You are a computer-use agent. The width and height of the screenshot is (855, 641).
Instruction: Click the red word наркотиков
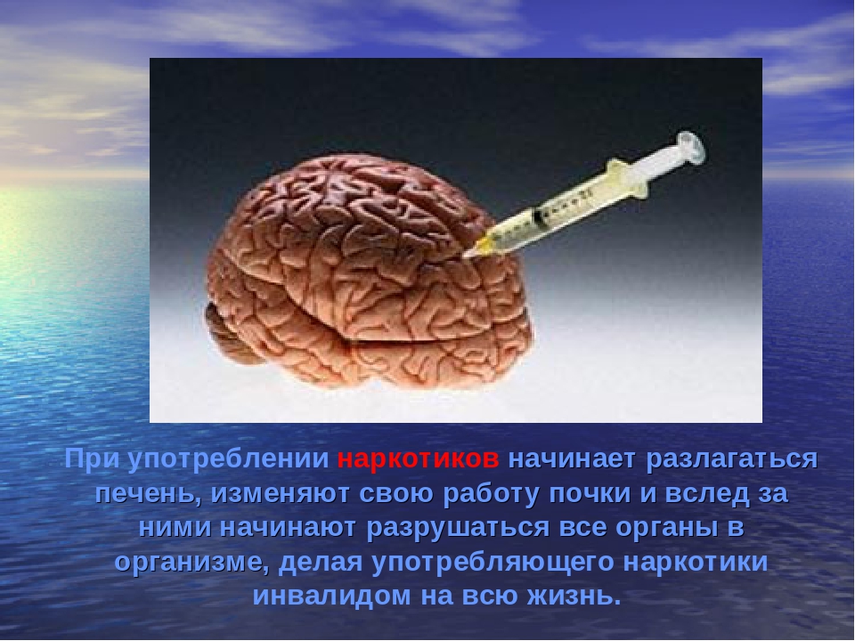click(x=418, y=459)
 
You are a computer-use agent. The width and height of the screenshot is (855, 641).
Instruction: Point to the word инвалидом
click(x=332, y=596)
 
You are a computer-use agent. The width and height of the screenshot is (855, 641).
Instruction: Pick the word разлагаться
click(x=732, y=460)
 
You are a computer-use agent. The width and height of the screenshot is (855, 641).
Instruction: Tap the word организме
click(x=191, y=563)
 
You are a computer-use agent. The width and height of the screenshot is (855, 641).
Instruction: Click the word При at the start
click(x=92, y=459)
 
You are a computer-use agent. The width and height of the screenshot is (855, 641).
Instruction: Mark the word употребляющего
click(x=493, y=563)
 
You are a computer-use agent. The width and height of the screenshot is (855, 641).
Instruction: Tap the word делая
click(x=321, y=563)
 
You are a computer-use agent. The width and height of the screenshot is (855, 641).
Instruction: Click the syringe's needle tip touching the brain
click(x=464, y=256)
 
